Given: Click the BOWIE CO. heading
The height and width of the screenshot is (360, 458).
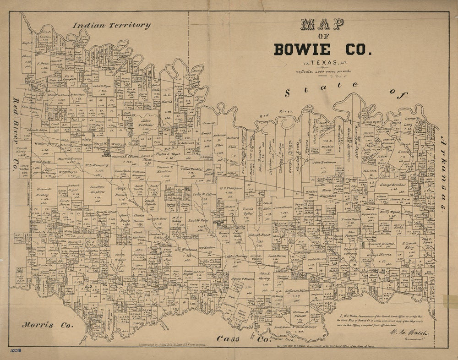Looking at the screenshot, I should [321, 49].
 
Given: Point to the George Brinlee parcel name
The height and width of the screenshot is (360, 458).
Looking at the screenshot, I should [392, 185].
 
